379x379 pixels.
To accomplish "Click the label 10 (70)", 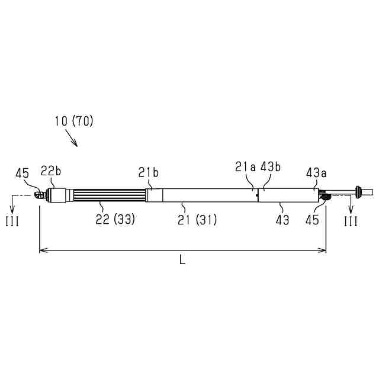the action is click(74, 121).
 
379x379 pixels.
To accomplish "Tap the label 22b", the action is click(51, 171).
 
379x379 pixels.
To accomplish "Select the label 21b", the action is click(149, 172).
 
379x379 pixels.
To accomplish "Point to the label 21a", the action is click(245, 167).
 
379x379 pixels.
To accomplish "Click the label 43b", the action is click(271, 167).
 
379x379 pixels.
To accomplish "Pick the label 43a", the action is click(316, 173).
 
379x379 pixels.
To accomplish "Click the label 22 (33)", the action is click(115, 219).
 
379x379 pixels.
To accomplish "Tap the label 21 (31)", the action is click(197, 220).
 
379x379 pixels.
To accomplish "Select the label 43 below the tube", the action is click(282, 220).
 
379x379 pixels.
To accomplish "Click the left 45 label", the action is click(23, 174).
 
